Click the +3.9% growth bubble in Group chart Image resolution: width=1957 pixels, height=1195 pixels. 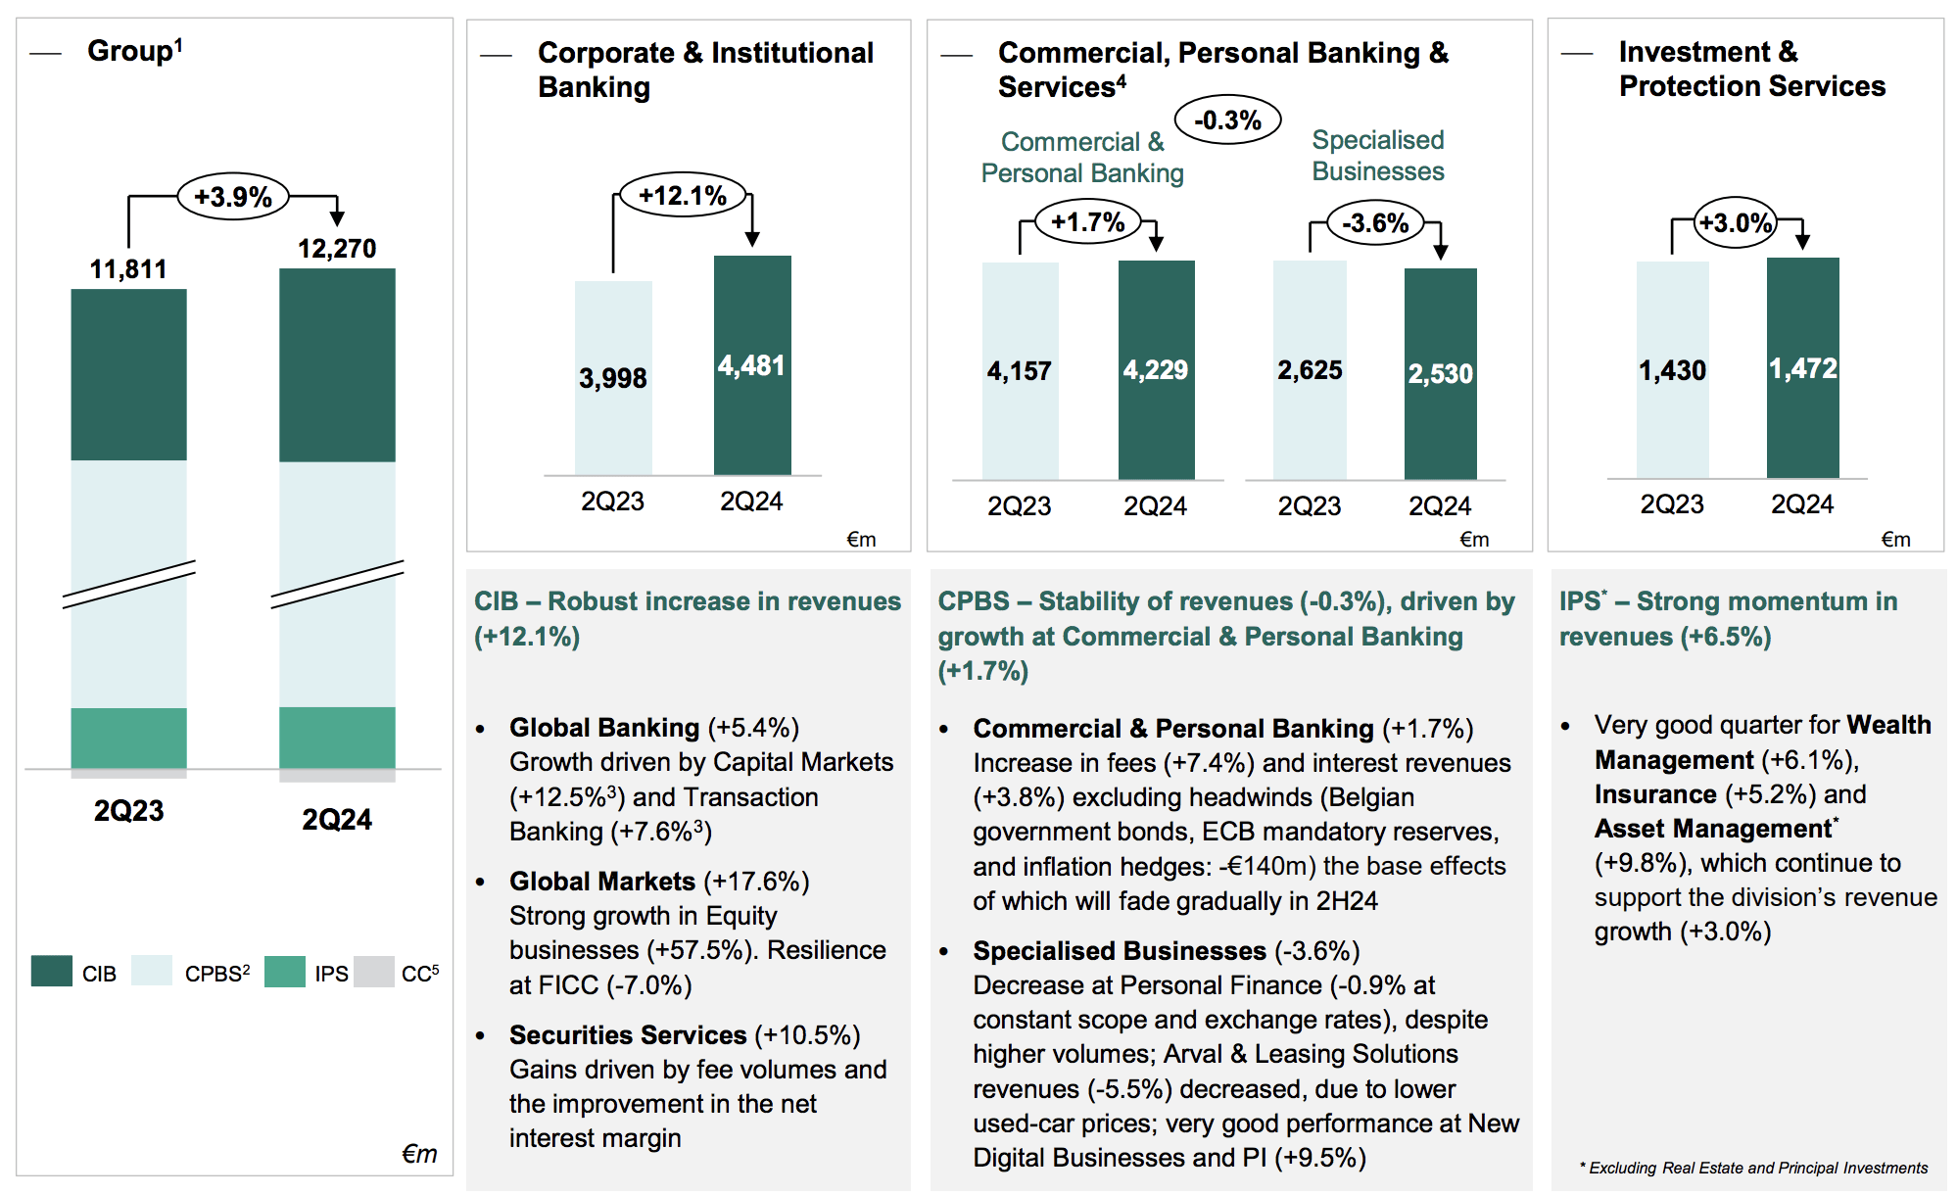[233, 197]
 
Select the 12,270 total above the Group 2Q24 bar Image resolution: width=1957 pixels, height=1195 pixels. [337, 249]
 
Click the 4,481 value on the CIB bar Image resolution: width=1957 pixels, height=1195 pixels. [751, 366]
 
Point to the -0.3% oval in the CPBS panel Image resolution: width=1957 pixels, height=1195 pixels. [1227, 120]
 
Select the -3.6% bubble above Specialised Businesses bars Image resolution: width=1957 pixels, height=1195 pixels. [1375, 223]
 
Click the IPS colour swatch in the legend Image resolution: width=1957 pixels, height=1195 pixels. [285, 972]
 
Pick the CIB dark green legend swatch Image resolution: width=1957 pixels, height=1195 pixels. [52, 972]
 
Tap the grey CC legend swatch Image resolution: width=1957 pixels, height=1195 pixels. [373, 972]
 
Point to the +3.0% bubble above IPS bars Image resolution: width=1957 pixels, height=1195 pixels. [1735, 223]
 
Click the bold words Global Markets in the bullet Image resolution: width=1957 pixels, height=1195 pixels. [601, 882]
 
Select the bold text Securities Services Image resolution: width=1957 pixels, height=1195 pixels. [628, 1035]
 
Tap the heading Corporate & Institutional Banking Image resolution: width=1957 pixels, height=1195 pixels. [705, 70]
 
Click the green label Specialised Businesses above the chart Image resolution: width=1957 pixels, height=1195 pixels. [1377, 156]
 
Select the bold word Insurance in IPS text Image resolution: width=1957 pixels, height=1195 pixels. [1655, 794]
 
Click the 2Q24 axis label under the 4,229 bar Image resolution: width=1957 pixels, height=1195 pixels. [1155, 506]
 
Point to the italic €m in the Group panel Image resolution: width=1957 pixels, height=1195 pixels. [419, 1154]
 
